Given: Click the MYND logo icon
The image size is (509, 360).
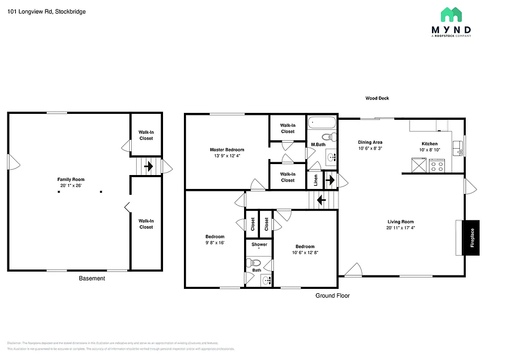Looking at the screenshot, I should point(450,15).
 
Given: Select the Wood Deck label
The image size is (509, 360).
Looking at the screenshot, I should point(377,98).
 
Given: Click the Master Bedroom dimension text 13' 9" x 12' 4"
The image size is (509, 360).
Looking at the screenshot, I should point(227,156).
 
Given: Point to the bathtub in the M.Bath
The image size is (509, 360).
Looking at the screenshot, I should point(322,123).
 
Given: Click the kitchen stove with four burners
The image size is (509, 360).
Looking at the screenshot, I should point(436,166).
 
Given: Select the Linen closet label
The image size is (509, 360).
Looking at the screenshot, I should point(316,180).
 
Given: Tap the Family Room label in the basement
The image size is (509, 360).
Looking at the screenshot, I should point(71,180).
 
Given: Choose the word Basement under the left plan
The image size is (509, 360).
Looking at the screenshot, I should point(92,278).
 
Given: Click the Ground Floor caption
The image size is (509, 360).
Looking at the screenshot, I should point(333,295).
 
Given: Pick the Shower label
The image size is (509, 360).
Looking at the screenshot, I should point(259,244).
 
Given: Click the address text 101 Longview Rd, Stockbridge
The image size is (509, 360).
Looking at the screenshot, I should point(47,11).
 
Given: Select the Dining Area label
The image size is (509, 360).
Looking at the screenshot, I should point(370,142).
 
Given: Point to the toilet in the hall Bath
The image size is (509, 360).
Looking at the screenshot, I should point(255,263).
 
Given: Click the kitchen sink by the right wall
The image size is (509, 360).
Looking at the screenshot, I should point(457,146).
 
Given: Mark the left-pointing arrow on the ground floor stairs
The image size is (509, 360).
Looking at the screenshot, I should point(321,201).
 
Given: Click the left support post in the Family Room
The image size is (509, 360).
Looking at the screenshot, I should point(58,191).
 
